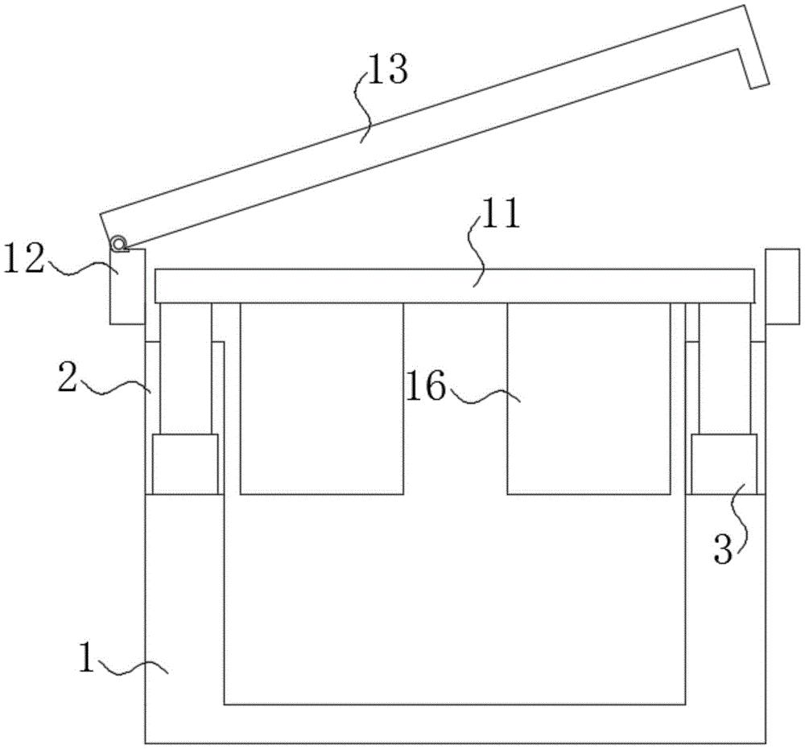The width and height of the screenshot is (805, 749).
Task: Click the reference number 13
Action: (x=388, y=69)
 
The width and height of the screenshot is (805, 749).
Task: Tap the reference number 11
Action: (x=500, y=215)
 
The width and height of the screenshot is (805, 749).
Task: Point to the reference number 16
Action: (x=425, y=386)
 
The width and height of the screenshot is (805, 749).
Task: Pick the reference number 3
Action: (x=723, y=549)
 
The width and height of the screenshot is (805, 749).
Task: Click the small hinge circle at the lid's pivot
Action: (x=120, y=243)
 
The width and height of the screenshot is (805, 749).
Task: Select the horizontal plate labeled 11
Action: (x=455, y=286)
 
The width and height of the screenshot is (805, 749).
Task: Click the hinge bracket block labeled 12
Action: (x=127, y=286)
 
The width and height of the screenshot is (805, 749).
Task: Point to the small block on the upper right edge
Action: (x=782, y=286)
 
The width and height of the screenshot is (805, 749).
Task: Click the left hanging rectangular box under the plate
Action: (x=321, y=398)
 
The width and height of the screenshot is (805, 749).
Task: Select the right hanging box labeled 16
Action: (x=588, y=398)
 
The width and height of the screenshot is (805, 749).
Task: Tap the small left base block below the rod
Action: (x=185, y=464)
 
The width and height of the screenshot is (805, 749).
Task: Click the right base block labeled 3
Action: (x=724, y=464)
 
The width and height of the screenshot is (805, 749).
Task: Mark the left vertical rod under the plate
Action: (x=186, y=368)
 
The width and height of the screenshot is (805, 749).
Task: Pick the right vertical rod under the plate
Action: (x=724, y=368)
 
